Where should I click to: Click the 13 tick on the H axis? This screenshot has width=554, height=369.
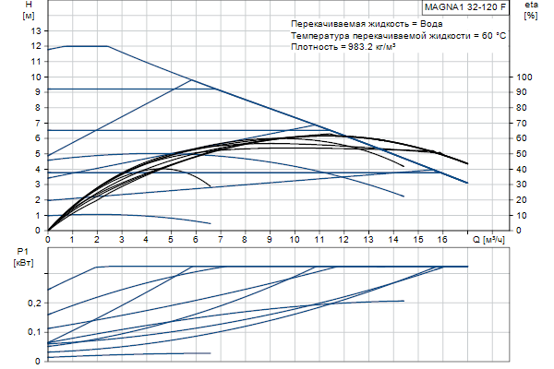click(x=37, y=30)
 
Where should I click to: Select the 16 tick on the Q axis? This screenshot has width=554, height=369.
click(x=443, y=239)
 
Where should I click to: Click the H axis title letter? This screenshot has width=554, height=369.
click(x=29, y=5)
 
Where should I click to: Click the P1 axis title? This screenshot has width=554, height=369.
click(x=23, y=251)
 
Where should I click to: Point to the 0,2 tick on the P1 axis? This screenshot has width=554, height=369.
click(x=34, y=303)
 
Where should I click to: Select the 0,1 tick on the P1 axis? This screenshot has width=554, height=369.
click(x=34, y=331)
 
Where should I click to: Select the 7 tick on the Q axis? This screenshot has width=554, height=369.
click(x=221, y=239)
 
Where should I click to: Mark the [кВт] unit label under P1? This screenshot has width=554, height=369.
click(x=25, y=263)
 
